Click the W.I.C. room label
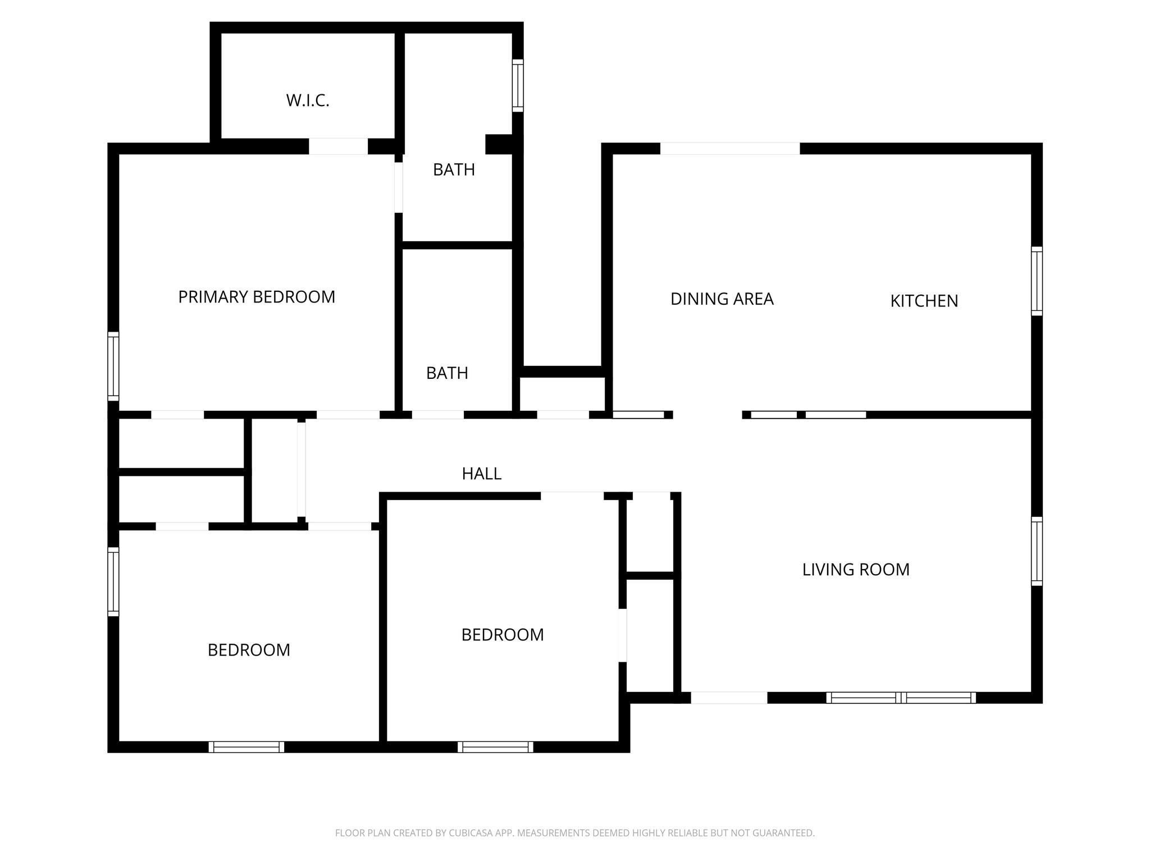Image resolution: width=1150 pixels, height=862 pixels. [x=307, y=100]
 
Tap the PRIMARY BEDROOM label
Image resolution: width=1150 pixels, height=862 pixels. [x=257, y=297]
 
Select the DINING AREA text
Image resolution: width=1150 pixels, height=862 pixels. [x=722, y=299]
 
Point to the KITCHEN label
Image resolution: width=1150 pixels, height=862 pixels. [x=924, y=301]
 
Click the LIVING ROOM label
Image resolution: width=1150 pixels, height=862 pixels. [x=855, y=570]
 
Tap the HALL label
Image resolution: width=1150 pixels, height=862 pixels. [x=481, y=474]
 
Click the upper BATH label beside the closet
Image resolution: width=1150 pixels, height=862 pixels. [x=454, y=169]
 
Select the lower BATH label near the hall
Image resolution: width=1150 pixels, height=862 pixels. [x=447, y=373]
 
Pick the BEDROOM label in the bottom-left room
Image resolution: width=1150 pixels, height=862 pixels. [x=249, y=650]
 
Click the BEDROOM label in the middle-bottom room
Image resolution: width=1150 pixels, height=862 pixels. [x=503, y=635]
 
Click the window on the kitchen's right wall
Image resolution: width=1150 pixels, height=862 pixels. [x=1037, y=281]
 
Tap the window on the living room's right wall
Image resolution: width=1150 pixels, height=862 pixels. [x=1037, y=551]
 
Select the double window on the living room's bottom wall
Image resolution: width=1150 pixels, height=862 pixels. [x=901, y=698]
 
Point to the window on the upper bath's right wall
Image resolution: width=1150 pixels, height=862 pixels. [x=518, y=85]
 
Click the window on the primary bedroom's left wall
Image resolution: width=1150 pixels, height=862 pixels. [x=113, y=366]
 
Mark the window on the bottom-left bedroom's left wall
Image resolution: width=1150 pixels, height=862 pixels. [x=113, y=581]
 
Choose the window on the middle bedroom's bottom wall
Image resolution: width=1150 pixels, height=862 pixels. [x=495, y=747]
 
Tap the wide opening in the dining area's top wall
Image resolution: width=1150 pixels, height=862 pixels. [x=729, y=149]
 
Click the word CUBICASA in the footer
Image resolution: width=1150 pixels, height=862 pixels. [x=471, y=833]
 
